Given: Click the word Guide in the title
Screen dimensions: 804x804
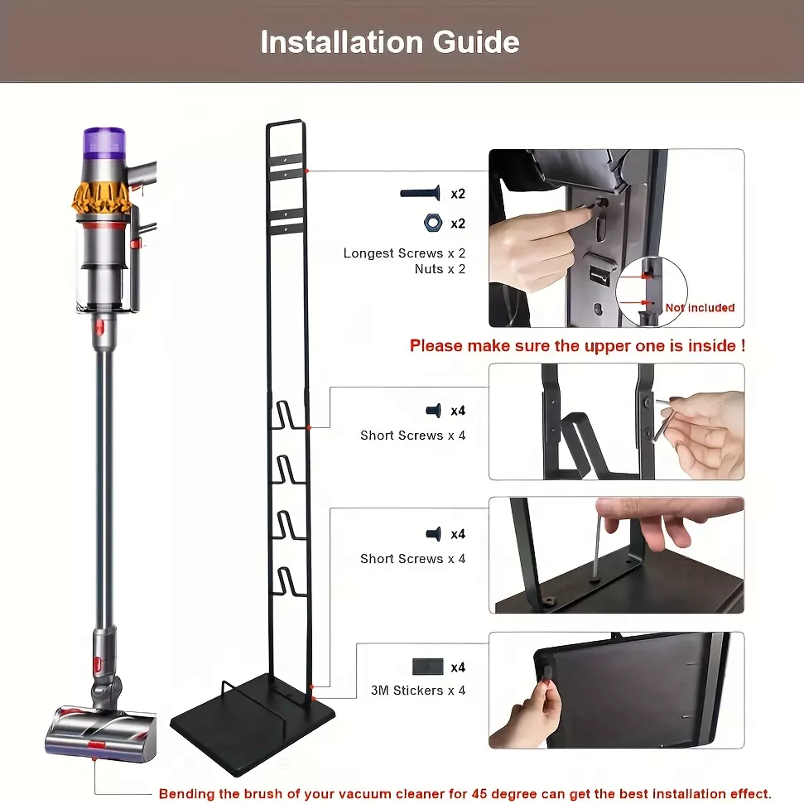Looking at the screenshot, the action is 476,41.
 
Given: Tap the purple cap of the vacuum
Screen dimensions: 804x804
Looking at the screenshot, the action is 104,142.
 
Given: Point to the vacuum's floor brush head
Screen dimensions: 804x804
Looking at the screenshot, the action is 100,729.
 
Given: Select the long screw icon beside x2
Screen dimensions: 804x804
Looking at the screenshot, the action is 420,193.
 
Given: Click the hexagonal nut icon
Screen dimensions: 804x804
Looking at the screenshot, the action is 433,223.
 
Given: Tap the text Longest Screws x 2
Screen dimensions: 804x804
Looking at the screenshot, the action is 404,253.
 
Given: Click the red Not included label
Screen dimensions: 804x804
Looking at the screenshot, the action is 700,308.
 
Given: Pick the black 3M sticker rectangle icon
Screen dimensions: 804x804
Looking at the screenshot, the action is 427,667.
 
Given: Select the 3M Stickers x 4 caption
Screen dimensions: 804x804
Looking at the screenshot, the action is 418,691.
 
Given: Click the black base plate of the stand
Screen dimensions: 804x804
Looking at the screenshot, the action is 253,722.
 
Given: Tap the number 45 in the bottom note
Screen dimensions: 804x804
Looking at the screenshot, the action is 479,794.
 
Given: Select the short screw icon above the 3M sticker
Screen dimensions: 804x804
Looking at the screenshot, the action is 434,534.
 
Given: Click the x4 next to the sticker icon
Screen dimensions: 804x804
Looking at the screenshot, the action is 458,667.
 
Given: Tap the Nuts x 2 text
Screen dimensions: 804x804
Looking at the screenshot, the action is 440,269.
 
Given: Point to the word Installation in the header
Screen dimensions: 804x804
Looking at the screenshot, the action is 341,41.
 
